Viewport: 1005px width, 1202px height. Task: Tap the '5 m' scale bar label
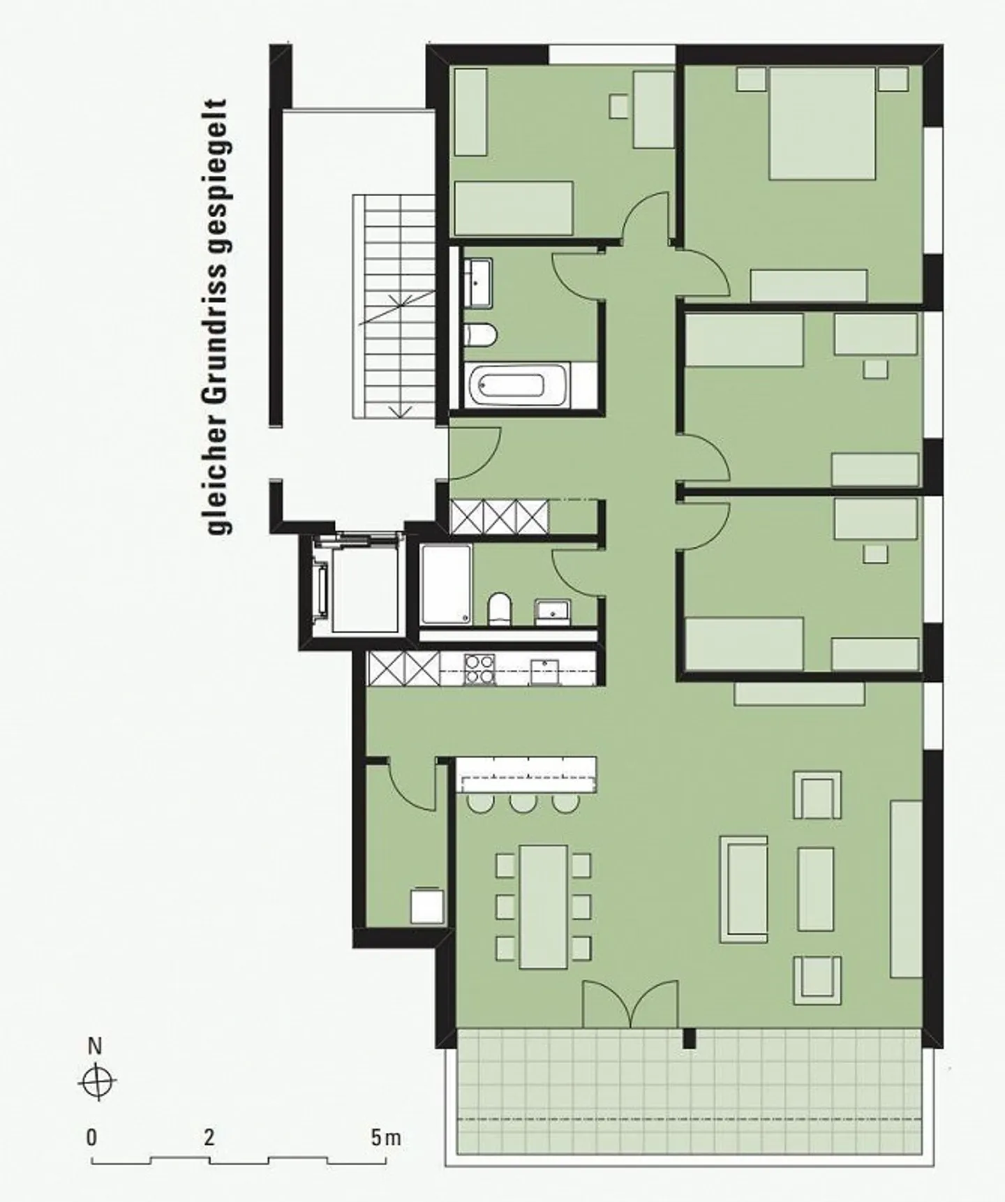pyautogui.click(x=386, y=1138)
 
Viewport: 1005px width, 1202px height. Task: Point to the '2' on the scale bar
pyautogui.click(x=209, y=1138)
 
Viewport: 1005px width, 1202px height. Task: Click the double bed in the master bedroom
pyautogui.click(x=822, y=124)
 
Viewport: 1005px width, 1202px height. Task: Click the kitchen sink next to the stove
pyautogui.click(x=544, y=671)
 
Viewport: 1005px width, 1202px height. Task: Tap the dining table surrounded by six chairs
pyautogui.click(x=544, y=907)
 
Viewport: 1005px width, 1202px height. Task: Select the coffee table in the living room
pyautogui.click(x=816, y=889)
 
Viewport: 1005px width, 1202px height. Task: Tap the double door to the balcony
pyautogui.click(x=630, y=1004)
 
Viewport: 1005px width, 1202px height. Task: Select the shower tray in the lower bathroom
pyautogui.click(x=447, y=585)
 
